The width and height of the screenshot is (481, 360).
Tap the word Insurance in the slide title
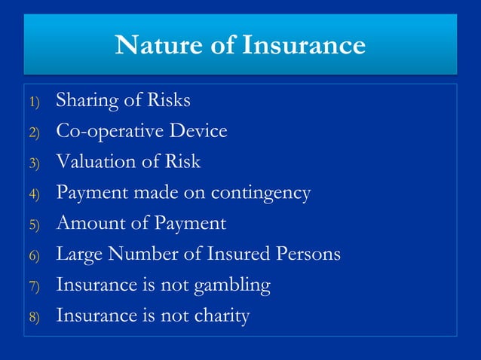point(304,45)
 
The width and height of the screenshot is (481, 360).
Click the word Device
point(198,130)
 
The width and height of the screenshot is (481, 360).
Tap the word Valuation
point(92,161)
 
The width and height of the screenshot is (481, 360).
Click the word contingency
point(260,194)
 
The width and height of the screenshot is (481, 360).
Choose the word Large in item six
point(78,255)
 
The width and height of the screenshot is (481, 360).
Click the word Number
point(139,254)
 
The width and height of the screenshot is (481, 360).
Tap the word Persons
point(308,254)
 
